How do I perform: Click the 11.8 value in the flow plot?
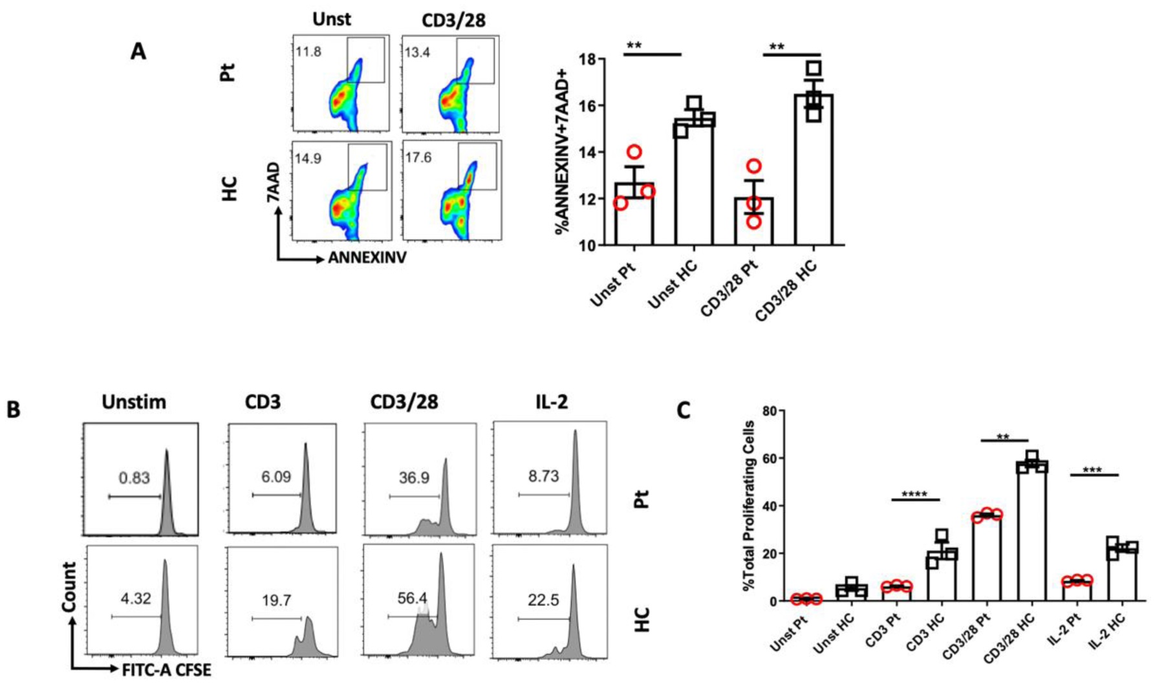coord(308,52)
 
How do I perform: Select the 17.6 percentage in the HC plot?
coord(418,158)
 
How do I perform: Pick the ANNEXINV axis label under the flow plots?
coord(367,258)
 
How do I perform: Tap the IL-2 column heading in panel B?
coord(551,402)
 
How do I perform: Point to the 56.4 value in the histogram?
coord(412,599)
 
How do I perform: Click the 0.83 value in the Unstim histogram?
coord(134,478)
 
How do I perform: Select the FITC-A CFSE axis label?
coord(166,670)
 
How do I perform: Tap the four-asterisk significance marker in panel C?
coord(914,495)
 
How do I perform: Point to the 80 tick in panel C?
coord(769,411)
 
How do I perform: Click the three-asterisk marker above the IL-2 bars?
coord(1092,471)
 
